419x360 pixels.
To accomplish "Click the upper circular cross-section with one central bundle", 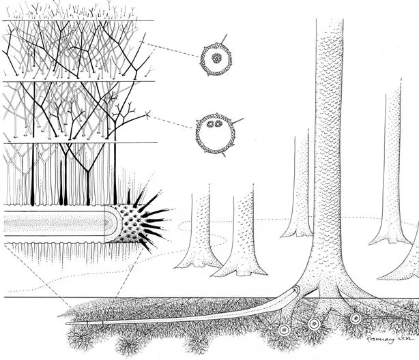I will point(216,61).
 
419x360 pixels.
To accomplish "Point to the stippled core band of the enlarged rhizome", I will point(55,223).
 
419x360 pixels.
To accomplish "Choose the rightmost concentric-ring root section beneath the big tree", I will point(355,318).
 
